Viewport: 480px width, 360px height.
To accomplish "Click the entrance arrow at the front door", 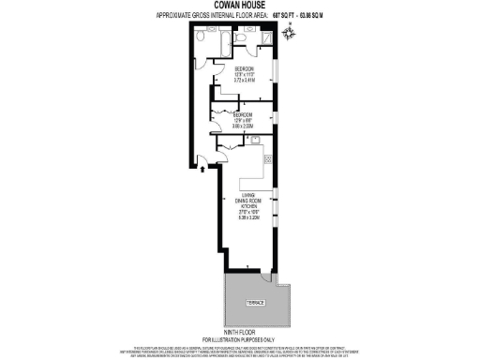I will [x=202, y=169].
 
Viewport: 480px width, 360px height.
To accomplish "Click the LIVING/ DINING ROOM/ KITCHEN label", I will [x=248, y=199].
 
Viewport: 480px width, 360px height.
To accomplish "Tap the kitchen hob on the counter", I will [x=269, y=159].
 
